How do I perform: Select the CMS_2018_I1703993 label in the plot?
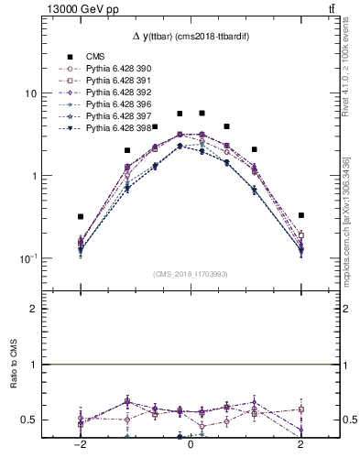tap(190, 274)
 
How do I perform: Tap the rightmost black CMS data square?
tap(300, 215)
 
